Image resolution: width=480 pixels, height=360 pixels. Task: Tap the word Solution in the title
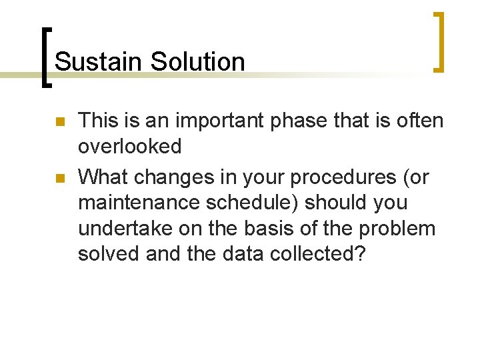[x=198, y=62]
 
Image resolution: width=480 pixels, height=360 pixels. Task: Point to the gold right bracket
[x=439, y=41]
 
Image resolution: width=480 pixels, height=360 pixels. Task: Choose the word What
[x=104, y=177]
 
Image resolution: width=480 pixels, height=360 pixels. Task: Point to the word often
[x=416, y=121]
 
